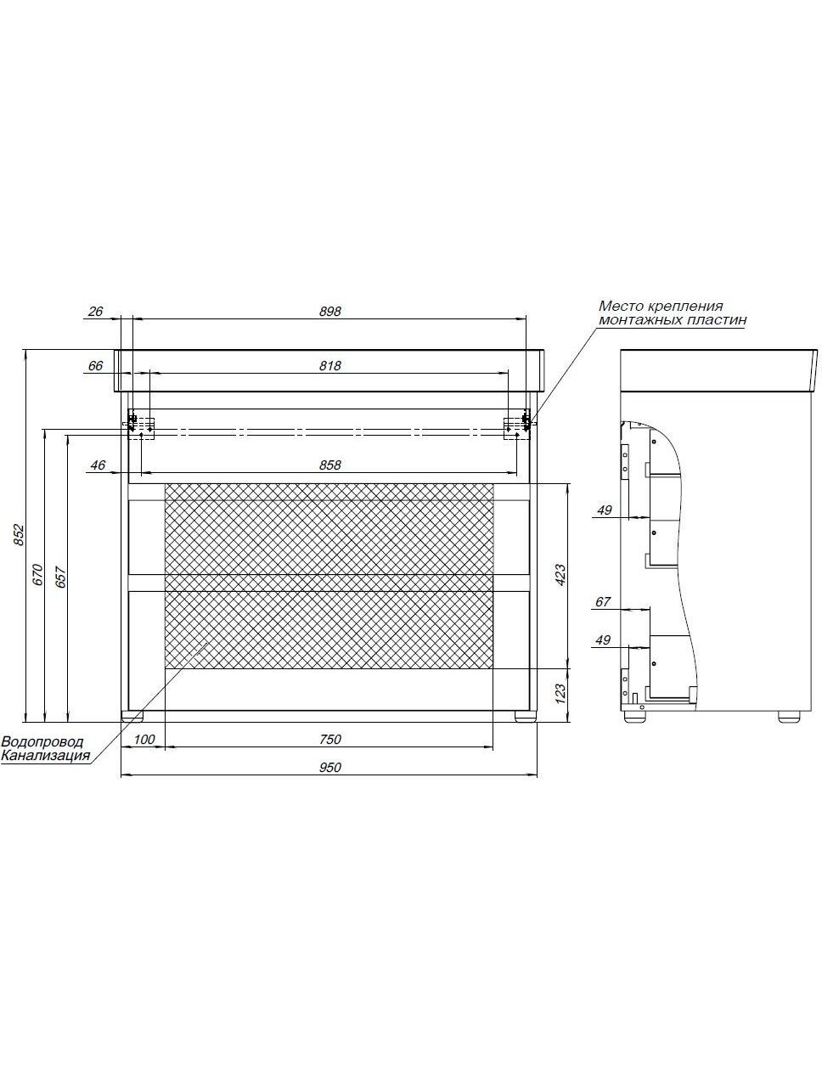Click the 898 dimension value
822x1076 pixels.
tap(329, 312)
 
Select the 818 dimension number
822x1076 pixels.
tap(329, 366)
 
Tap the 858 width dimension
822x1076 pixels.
tap(329, 465)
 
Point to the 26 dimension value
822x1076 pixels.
tap(96, 312)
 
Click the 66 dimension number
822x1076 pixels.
tap(96, 366)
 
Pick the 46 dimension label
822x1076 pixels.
tap(98, 465)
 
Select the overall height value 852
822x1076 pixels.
tap(18, 536)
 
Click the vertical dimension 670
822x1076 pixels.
tap(38, 576)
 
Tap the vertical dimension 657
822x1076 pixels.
tap(60, 577)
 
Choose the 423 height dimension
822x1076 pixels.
tap(561, 575)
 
